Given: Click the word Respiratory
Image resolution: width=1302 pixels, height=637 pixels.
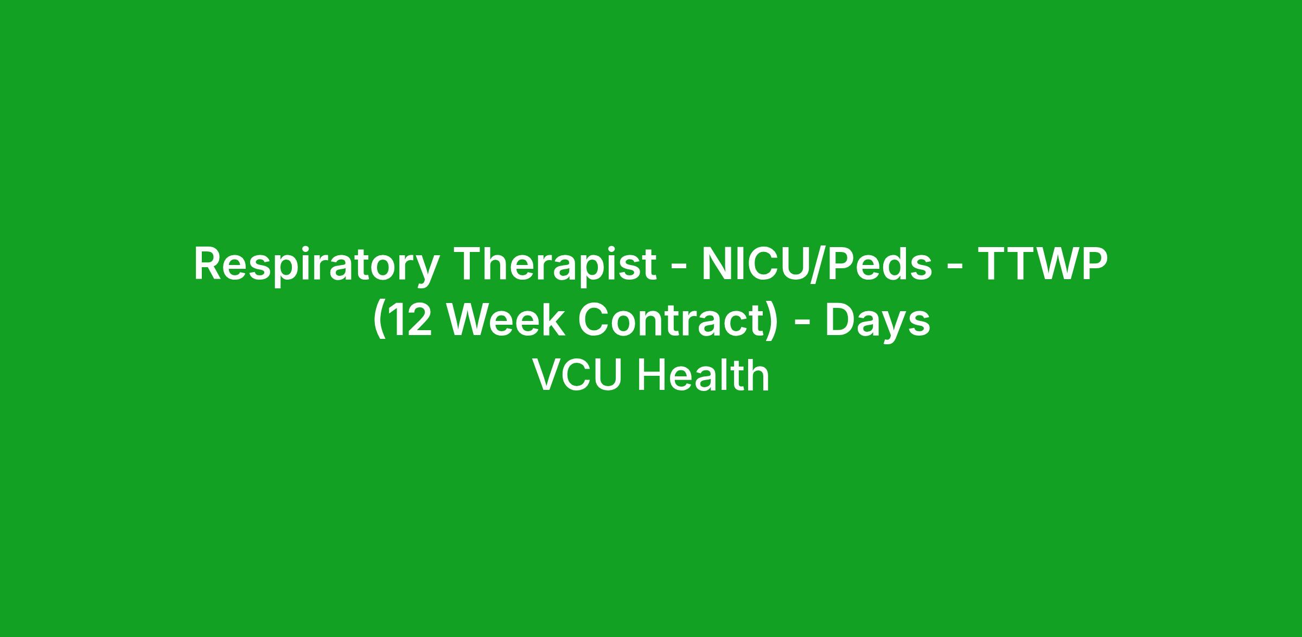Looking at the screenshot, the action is (x=316, y=266).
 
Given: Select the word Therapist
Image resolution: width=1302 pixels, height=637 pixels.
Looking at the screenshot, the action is (x=556, y=266).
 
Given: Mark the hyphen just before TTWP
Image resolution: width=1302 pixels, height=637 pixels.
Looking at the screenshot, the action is (x=954, y=268).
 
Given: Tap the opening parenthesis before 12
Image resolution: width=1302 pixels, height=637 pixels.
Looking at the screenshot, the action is (x=379, y=321).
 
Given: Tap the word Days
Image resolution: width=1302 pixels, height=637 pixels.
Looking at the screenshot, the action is (x=878, y=321).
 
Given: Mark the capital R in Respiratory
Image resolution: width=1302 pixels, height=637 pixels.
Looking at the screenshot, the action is (x=208, y=264).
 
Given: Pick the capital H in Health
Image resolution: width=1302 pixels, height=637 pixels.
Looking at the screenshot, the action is (x=652, y=375).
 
